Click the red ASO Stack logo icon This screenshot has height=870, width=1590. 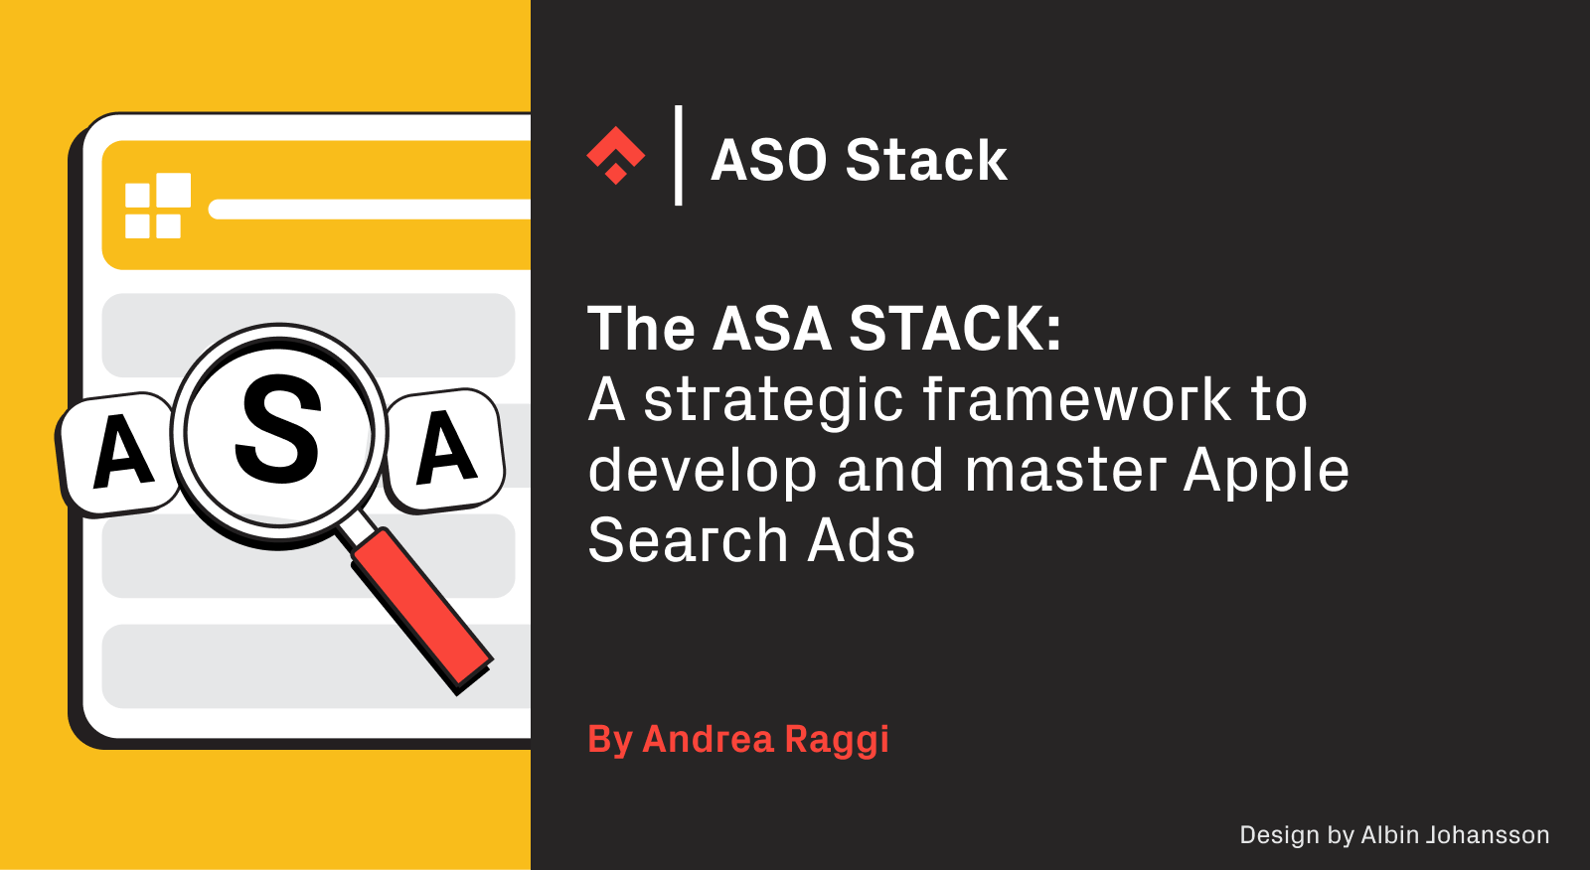tap(615, 155)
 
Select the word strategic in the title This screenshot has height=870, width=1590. tap(773, 401)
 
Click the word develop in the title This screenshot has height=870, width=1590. tap(702, 472)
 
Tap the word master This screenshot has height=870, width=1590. tap(1064, 471)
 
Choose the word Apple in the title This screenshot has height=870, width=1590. tap(1266, 472)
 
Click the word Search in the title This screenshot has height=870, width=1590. tap(688, 539)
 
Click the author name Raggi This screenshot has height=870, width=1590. tap(837, 741)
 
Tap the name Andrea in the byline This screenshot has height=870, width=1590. tap(708, 739)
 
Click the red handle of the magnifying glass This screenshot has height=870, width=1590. tap(421, 610)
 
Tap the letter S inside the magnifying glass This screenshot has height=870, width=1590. tap(278, 430)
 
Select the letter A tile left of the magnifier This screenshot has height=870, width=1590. tap(118, 454)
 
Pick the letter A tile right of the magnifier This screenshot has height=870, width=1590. tap(445, 449)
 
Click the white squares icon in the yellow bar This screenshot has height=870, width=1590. tap(158, 206)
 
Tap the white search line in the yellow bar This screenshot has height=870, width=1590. tap(369, 210)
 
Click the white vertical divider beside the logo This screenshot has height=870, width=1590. tap(679, 155)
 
